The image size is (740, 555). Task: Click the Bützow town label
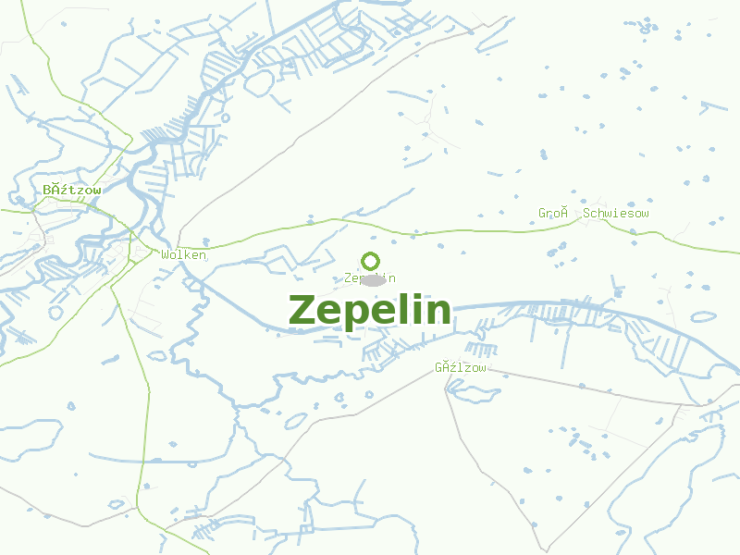tap(71, 190)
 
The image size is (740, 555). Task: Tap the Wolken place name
tap(183, 254)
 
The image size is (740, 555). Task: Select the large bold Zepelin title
tap(370, 311)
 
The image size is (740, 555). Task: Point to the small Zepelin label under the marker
tap(369, 277)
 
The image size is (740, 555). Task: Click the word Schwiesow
tap(616, 214)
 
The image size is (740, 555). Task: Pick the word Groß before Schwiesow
tap(552, 214)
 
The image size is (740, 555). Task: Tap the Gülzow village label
tap(460, 367)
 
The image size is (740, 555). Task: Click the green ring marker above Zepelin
tap(370, 261)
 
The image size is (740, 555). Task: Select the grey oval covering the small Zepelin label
tap(373, 279)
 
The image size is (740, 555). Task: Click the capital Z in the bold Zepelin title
tap(304, 311)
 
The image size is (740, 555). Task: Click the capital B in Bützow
tap(47, 190)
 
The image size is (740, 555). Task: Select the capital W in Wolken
tap(165, 254)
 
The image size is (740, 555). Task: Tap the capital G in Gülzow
tap(439, 367)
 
